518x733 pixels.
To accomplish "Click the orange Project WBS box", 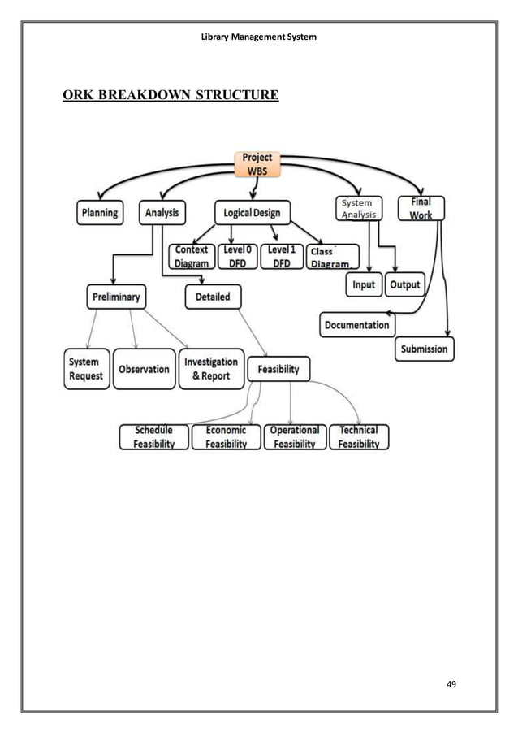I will [x=258, y=164].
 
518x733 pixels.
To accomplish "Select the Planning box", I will [x=99, y=213].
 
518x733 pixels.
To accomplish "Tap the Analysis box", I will [x=162, y=213].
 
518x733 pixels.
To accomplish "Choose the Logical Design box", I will [x=252, y=213].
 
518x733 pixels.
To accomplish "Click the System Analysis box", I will [x=357, y=209].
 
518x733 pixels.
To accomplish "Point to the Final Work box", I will [x=421, y=208].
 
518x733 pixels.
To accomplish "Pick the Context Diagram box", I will [x=191, y=257].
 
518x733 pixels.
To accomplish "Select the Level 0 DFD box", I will [x=236, y=257].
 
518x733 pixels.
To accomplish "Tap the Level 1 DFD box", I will [x=282, y=257].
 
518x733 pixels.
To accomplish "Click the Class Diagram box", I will [x=332, y=258].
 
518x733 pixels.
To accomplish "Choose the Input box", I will [x=364, y=284].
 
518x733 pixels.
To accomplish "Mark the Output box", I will [x=404, y=284].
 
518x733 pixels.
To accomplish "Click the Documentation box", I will [x=357, y=325].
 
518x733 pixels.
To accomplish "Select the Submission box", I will [x=424, y=349].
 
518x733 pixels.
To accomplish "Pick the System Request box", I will [x=86, y=369].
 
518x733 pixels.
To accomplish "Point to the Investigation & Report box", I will [x=211, y=369].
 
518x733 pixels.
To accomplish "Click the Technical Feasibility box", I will [x=359, y=437].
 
